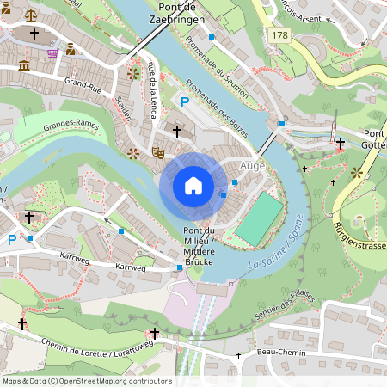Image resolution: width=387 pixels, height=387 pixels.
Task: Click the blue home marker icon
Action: [193, 185]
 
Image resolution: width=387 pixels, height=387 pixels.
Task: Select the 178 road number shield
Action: [279, 35]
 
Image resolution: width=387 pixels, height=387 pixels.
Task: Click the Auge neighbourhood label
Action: [253, 164]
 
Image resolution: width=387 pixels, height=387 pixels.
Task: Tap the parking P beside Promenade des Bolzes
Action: [183, 102]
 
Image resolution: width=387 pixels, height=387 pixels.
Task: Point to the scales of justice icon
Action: [32, 15]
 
